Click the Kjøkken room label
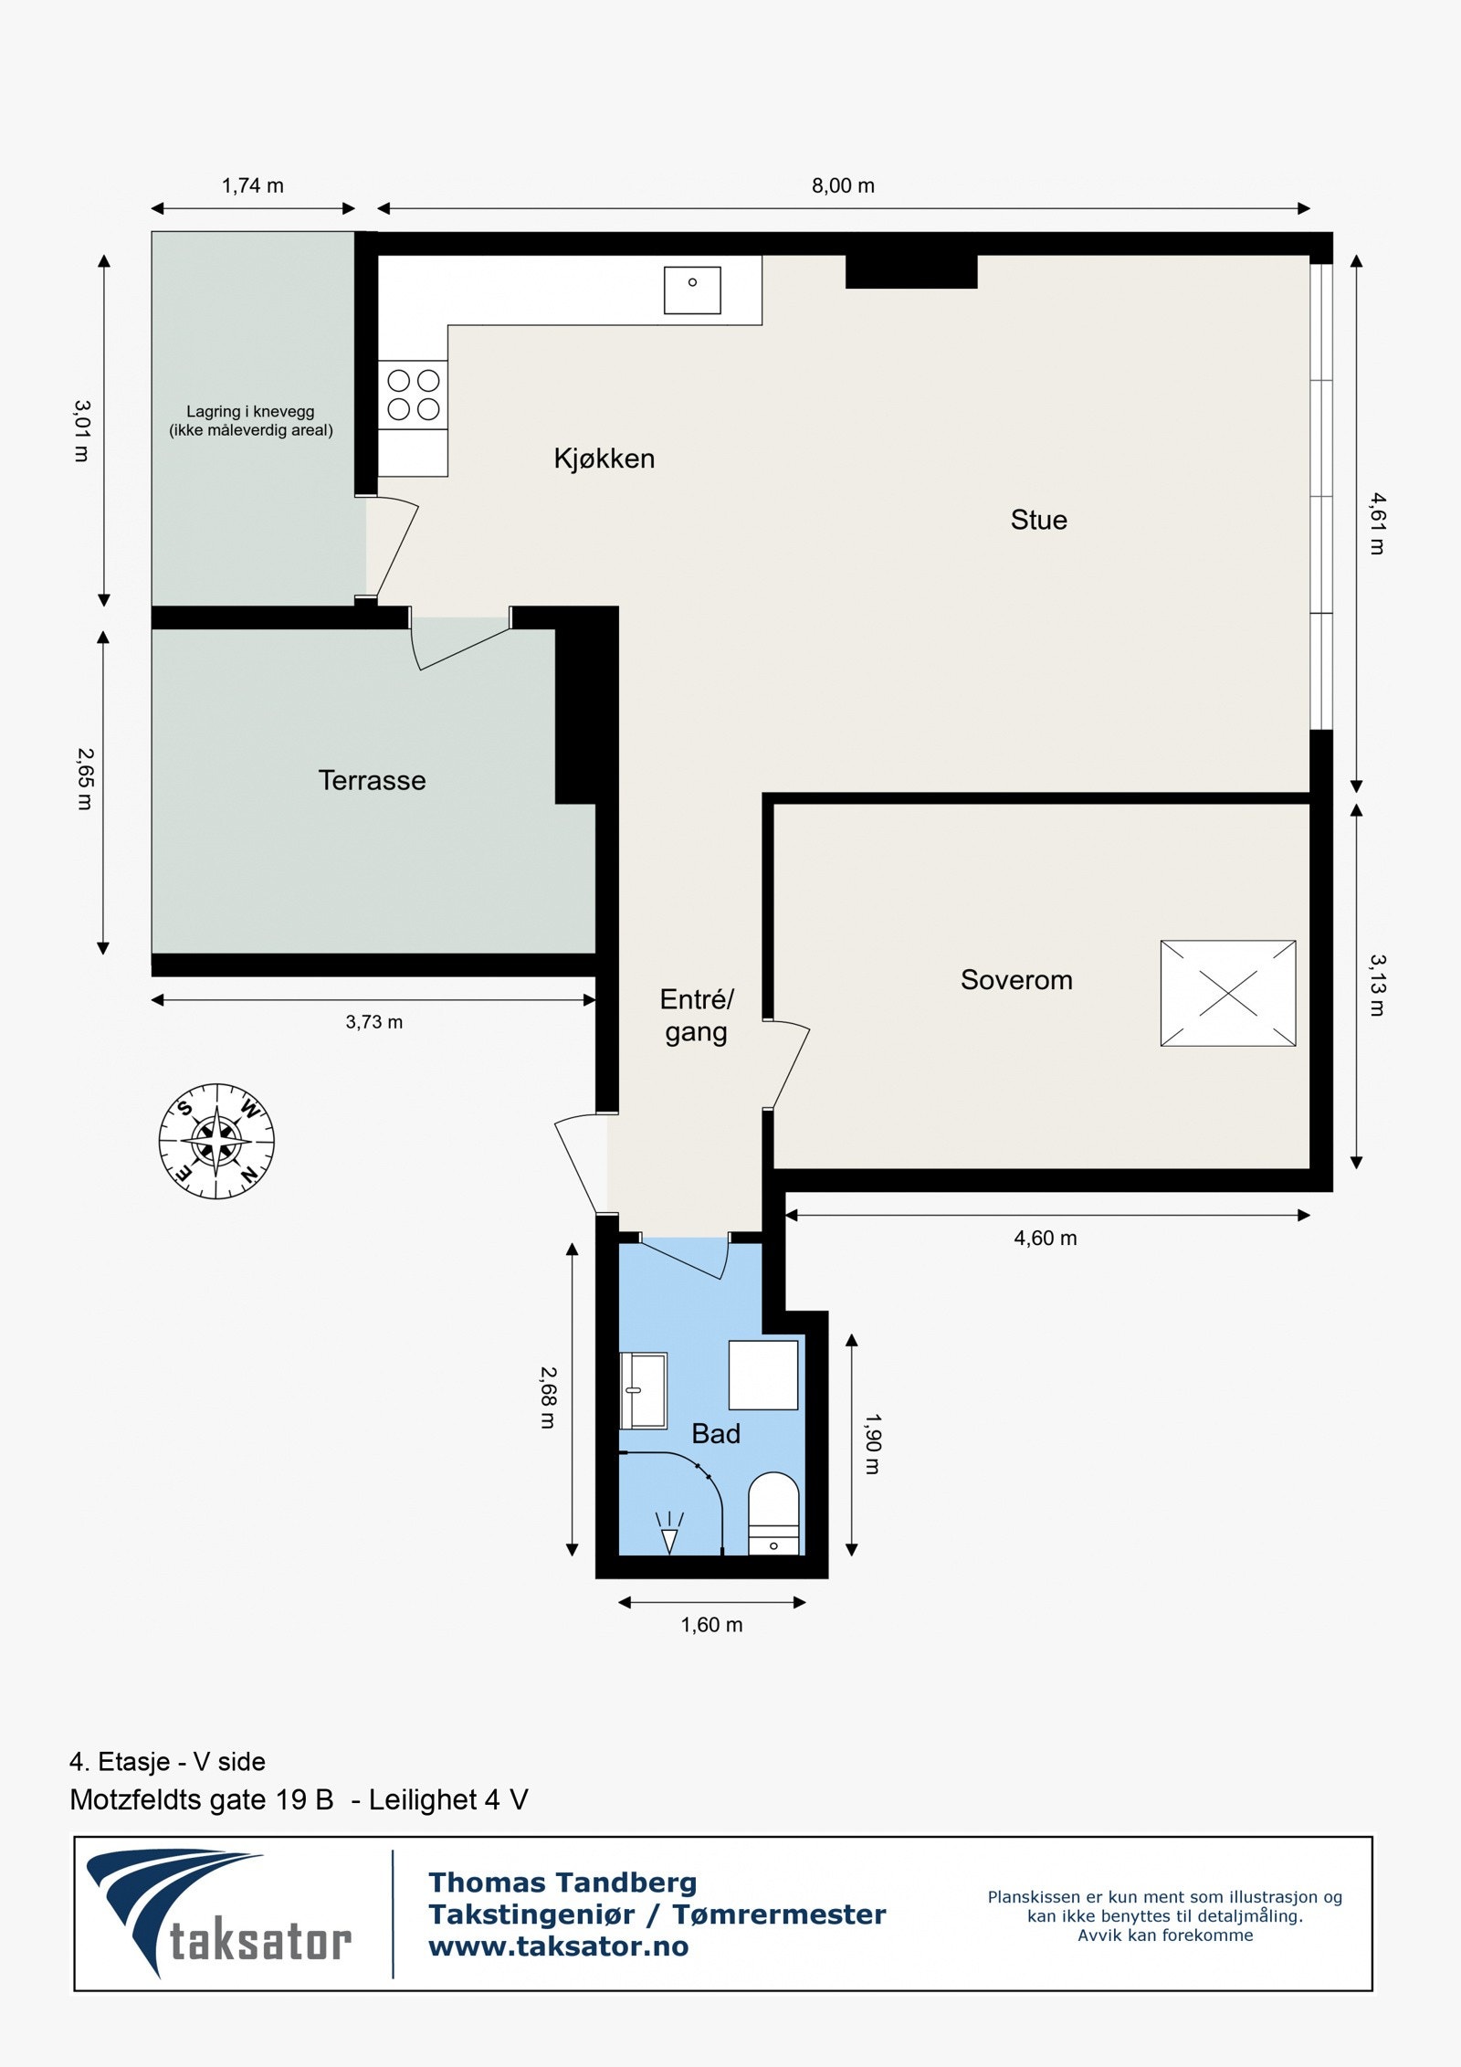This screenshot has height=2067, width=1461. click(604, 459)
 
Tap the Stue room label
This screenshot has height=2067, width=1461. click(1038, 520)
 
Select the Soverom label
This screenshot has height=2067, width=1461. click(1016, 980)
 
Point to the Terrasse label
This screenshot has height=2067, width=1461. click(372, 780)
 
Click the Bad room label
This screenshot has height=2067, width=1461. click(716, 1434)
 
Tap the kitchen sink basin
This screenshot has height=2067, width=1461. click(692, 290)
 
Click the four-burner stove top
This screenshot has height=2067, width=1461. click(414, 395)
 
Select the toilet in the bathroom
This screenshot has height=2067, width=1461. click(773, 1513)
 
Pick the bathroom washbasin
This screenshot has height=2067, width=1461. click(643, 1390)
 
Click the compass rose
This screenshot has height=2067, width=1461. click(216, 1142)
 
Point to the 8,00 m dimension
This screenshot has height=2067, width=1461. click(843, 186)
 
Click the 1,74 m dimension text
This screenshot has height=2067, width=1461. click(253, 186)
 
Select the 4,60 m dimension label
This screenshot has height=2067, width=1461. click(1046, 1239)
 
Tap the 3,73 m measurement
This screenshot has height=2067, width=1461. click(374, 1022)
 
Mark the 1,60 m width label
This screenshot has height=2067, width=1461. click(711, 1625)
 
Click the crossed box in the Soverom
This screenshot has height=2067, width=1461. click(1228, 993)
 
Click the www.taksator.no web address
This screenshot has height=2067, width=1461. click(559, 1946)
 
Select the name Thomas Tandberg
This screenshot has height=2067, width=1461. click(562, 1882)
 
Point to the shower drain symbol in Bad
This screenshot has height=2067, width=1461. click(670, 1532)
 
